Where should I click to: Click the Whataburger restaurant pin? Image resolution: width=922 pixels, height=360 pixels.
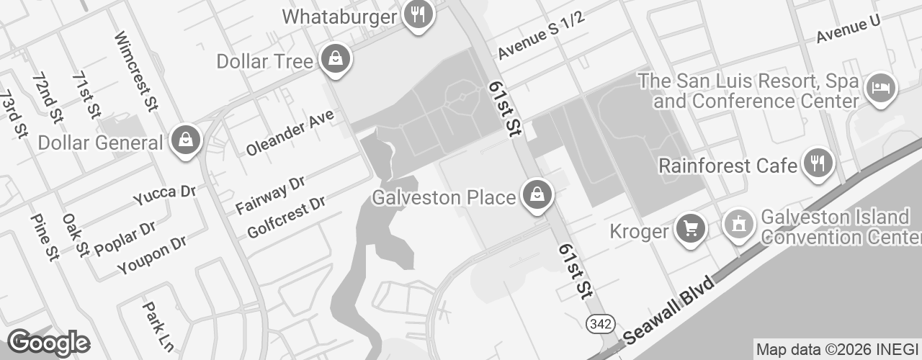point(417,14)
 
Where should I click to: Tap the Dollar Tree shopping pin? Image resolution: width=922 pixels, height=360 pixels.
point(335,58)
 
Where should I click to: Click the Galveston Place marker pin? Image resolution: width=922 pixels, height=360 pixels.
point(536,194)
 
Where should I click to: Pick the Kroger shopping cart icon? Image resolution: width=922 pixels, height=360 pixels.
point(691,229)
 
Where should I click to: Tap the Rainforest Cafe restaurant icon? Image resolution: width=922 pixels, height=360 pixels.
point(818,163)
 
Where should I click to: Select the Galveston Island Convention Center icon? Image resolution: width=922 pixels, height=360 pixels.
point(738,225)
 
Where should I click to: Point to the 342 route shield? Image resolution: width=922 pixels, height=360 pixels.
point(600,324)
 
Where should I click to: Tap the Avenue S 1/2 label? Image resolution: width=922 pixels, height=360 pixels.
point(540,35)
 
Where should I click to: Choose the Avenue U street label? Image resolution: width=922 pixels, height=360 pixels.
point(848,28)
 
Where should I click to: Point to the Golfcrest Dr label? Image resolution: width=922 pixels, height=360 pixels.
point(285,216)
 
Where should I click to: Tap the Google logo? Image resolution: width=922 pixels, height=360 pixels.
point(48,343)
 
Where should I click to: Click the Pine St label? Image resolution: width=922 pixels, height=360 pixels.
point(43,237)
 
